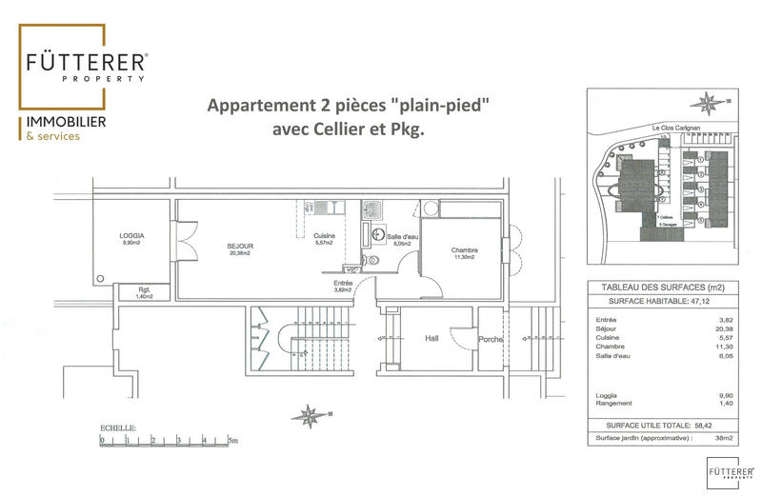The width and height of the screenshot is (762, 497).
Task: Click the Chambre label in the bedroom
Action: pos(464,251)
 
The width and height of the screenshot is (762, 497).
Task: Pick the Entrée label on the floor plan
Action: pos(344,284)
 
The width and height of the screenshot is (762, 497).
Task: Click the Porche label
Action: pos(491,339)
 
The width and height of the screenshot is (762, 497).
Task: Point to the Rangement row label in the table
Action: pos(613,403)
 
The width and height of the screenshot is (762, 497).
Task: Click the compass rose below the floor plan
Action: pos(309,415)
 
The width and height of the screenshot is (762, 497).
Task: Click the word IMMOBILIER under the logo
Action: pos(66,123)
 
